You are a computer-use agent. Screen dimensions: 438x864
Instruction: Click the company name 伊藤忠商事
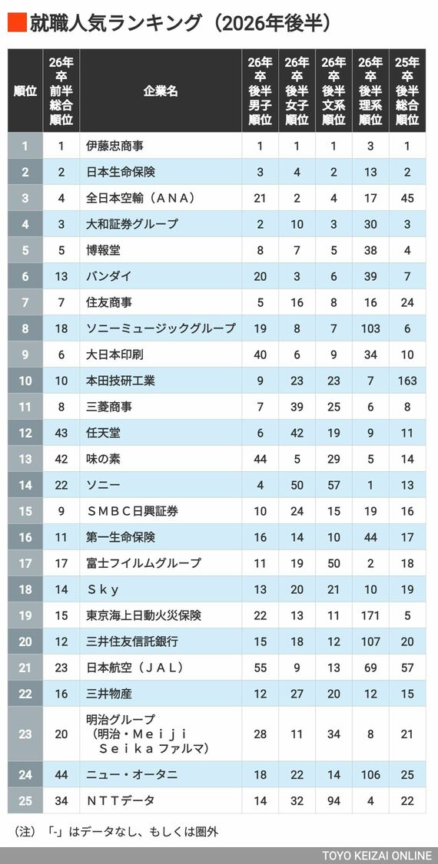pos(115,146)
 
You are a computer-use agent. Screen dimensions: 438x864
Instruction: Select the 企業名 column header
pos(161,91)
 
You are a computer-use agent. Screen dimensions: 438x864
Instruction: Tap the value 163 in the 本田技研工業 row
pos(407,381)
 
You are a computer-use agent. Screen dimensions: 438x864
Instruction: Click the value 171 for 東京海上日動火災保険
pos(370,615)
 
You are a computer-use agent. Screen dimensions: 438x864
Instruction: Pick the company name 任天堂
pos(103,433)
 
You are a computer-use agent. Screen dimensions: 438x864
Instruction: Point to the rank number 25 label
pos(25,800)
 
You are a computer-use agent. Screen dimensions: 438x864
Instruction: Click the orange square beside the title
pos(17,23)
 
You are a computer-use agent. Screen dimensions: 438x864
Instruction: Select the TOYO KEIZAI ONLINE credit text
pos(377,856)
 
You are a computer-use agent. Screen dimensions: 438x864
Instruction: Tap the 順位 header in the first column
pos(25,91)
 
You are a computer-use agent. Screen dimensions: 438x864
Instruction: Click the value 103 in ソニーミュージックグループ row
pos(370,328)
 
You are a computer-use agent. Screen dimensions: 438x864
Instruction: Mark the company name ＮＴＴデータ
pos(121,800)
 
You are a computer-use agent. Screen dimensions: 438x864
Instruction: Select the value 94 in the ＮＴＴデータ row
pos(333,800)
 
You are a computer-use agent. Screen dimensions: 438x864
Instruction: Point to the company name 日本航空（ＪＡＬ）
pos(135,668)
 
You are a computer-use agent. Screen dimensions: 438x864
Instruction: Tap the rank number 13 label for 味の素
pos(25,459)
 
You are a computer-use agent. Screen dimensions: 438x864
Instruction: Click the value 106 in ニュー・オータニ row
pos(370,775)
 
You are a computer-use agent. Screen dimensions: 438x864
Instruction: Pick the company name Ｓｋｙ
pos(103,589)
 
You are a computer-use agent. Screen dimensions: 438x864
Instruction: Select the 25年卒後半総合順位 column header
pos(407,91)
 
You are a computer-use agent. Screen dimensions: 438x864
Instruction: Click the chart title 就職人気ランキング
pos(116,24)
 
